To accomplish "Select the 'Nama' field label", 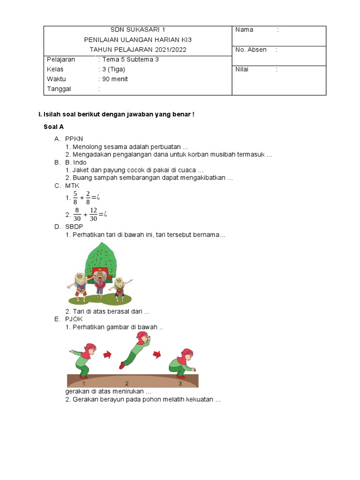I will [x=244, y=30].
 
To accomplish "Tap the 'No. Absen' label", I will [x=251, y=50].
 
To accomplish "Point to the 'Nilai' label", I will [x=242, y=69].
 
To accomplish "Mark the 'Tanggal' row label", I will [x=60, y=89].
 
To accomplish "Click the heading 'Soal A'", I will [x=53, y=127].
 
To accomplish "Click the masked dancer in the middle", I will [x=99, y=281].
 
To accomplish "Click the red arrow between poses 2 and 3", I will [x=158, y=354].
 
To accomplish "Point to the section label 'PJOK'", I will [x=74, y=319].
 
